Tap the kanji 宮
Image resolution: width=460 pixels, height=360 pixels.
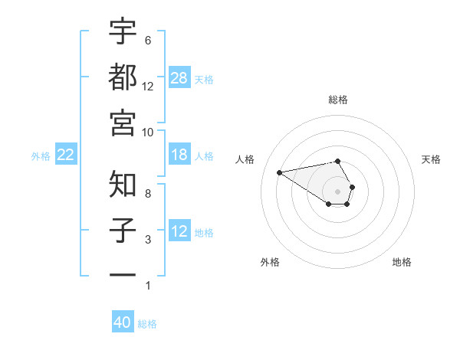point(123,122)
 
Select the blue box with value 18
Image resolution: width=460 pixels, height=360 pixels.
point(179,155)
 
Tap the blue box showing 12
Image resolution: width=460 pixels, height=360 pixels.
point(179,231)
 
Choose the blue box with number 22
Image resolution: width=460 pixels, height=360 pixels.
point(66,155)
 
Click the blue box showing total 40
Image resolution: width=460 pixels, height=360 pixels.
point(123,322)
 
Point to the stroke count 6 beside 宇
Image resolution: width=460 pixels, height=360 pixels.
point(147,40)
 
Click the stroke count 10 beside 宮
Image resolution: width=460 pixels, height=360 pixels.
point(148,132)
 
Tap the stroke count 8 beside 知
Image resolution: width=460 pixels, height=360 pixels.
point(147,194)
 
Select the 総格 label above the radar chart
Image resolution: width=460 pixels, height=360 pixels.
point(338,100)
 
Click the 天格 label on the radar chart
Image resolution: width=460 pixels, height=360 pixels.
point(431,159)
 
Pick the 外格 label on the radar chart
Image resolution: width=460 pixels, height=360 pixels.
point(270,262)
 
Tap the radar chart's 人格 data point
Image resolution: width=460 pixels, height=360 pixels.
point(279,172)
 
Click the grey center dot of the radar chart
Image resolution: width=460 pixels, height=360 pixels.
point(338,191)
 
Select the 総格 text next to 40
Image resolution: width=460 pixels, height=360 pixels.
point(147,324)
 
